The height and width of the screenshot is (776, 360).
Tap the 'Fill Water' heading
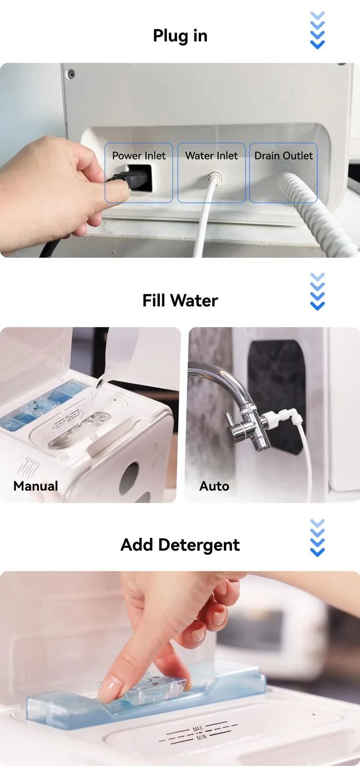180,300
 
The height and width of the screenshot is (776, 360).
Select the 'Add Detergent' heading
180,545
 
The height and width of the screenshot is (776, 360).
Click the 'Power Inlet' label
139,156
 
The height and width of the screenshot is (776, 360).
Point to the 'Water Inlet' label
211,156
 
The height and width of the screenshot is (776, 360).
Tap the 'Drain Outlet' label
283,156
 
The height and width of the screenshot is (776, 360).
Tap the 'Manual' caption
35,486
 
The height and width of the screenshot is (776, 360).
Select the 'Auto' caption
214,486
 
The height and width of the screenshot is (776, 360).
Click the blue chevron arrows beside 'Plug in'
317,30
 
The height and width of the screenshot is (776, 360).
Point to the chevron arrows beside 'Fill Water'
317,291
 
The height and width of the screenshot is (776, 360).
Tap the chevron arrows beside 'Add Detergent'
317,538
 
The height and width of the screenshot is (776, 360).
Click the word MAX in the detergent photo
198,728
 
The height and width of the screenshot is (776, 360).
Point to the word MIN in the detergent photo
202,736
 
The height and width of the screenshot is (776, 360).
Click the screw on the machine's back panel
71,74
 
